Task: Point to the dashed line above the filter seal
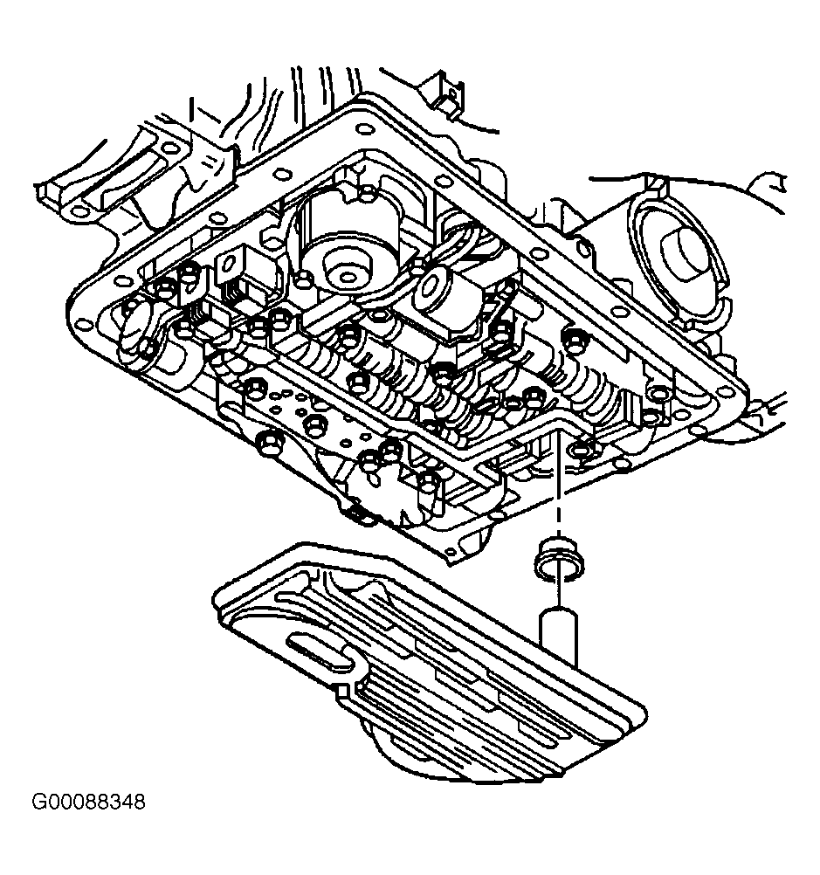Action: pos(556,489)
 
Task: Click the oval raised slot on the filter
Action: pos(319,651)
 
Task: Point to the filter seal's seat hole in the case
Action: pos(576,451)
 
